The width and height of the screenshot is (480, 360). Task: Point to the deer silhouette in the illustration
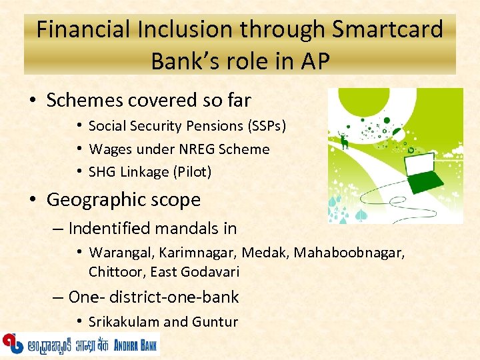[x=344, y=141]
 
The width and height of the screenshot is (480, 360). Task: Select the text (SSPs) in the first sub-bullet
[x=265, y=125]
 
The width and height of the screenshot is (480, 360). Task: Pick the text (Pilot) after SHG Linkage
[x=191, y=172]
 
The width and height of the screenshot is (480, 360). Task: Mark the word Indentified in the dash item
[x=109, y=229]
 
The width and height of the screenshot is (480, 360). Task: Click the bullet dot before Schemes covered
[x=33, y=101]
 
